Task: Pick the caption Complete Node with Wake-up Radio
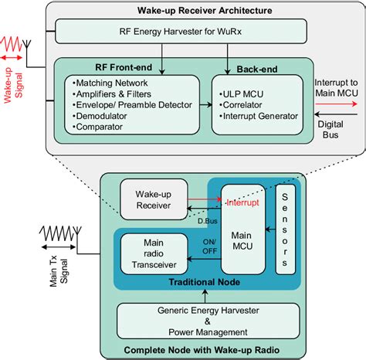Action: tap(204, 350)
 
